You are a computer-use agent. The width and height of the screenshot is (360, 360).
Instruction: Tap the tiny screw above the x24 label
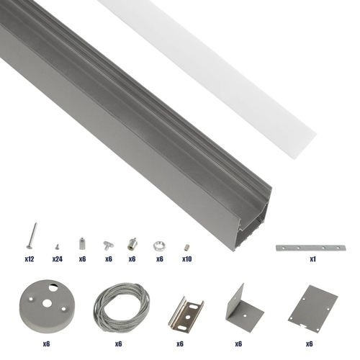coord(55,244)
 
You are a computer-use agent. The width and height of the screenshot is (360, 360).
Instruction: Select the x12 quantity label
coord(30,258)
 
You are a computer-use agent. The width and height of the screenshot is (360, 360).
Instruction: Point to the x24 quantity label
coord(57,258)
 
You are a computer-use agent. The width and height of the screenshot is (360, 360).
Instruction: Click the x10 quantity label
coord(186,258)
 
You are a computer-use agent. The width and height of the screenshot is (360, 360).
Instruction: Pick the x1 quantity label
coord(313,258)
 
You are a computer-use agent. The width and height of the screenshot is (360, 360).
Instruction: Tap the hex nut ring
coord(158,243)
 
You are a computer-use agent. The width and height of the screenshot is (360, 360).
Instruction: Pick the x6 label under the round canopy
coord(46,344)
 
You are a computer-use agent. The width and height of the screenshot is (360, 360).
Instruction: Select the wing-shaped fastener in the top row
coord(108,243)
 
